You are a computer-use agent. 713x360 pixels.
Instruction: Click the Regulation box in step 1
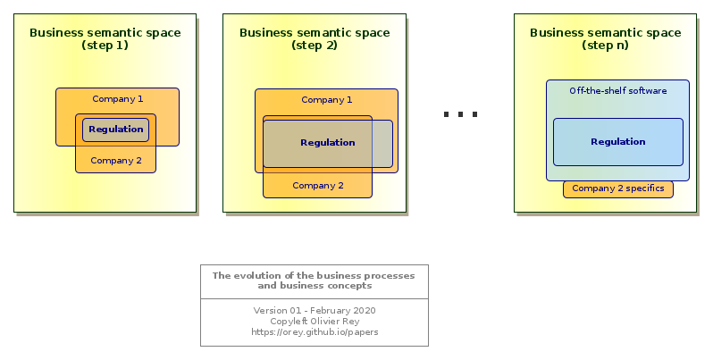tap(115, 130)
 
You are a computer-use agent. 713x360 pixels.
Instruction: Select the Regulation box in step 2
tap(327, 144)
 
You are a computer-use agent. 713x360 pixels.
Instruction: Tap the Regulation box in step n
tap(618, 142)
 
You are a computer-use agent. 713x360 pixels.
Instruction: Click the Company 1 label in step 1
tap(118, 98)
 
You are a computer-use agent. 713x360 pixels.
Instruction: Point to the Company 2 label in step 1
tap(116, 161)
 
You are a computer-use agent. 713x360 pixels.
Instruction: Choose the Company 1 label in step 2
tap(327, 99)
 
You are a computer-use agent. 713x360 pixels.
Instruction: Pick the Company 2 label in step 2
tap(318, 186)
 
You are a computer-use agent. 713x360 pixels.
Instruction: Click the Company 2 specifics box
tap(618, 189)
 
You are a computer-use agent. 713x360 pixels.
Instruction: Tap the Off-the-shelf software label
tap(618, 90)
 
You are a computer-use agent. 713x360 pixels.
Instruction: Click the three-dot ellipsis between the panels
tap(460, 114)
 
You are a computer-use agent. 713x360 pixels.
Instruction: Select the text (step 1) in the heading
tap(105, 46)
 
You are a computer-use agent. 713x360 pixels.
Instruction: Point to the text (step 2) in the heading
tap(315, 46)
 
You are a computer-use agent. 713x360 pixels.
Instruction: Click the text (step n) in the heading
tap(605, 46)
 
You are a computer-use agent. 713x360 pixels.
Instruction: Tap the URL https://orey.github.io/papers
tap(315, 331)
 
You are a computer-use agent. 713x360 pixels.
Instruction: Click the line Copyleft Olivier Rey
tap(315, 321)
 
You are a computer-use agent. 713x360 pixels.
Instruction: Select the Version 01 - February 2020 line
tap(315, 311)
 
